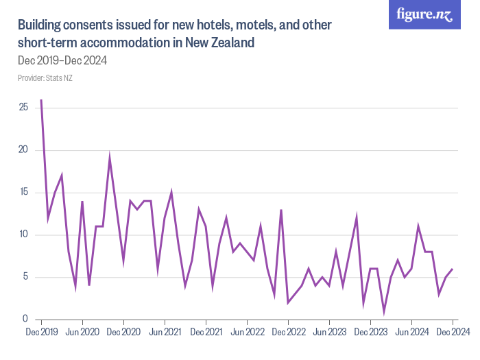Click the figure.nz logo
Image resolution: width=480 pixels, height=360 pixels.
pos(424,14)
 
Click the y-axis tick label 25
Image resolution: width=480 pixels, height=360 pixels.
pos(23,108)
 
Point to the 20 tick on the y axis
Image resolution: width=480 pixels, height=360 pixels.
pos(23,150)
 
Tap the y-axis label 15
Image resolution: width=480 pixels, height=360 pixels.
pos(23,193)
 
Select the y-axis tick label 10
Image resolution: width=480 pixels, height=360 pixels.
pos(23,235)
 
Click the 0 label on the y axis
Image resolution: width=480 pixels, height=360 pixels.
pos(25,320)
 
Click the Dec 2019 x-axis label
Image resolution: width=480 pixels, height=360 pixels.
pos(41,333)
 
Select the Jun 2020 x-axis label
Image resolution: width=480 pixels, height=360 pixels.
pos(82,333)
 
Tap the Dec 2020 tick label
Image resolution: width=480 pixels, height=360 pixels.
pos(123,333)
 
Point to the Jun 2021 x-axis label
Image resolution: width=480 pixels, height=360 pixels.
pos(165,333)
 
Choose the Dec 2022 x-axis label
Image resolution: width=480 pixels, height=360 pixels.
pos(288,333)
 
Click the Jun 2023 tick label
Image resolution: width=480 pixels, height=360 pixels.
pos(329,333)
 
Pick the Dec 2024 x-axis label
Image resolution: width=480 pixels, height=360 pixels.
pos(452,333)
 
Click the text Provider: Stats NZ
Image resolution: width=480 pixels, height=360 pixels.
pos(45,78)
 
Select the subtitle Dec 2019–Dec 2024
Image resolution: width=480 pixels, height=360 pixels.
pos(62,60)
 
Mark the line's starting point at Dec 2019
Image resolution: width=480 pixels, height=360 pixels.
pos(41,100)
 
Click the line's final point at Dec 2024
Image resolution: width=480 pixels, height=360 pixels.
pos(453,269)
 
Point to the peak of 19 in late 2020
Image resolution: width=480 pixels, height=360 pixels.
pos(110,159)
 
